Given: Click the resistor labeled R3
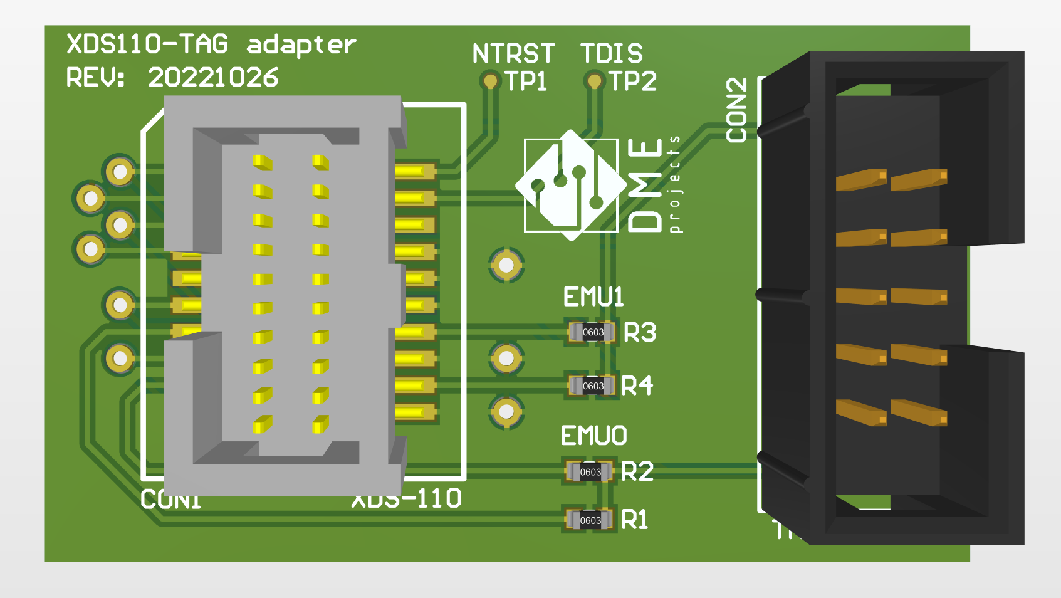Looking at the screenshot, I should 592,332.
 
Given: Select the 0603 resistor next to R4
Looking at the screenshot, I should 592,386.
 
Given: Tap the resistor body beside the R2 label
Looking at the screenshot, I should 590,471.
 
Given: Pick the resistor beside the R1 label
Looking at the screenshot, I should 590,520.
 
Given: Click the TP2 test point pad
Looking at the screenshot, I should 593,80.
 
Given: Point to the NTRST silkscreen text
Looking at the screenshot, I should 513,54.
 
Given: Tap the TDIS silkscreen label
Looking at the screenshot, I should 611,54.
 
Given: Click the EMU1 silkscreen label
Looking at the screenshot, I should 593,297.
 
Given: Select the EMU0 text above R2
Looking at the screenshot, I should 593,436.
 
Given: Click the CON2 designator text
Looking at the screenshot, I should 737,110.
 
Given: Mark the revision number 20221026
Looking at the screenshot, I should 213,78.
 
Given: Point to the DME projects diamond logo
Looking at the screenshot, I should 570,185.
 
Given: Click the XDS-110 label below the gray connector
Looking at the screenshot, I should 407,499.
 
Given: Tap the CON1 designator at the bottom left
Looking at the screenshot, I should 170,500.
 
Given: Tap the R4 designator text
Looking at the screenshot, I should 637,386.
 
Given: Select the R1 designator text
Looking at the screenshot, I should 634,520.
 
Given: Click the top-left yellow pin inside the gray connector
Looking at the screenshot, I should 263,162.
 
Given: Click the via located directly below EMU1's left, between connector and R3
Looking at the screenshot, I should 506,358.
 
